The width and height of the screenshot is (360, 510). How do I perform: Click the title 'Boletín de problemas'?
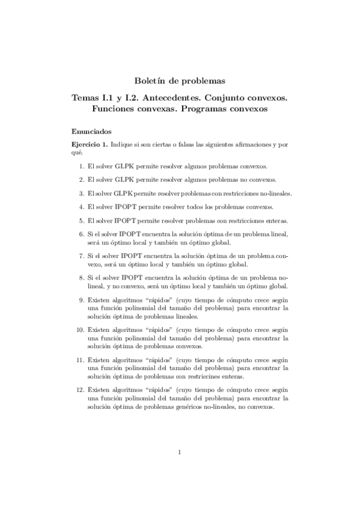179,81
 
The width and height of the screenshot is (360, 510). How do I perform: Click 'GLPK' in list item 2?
126,179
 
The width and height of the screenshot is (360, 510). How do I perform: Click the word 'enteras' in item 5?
276,220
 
